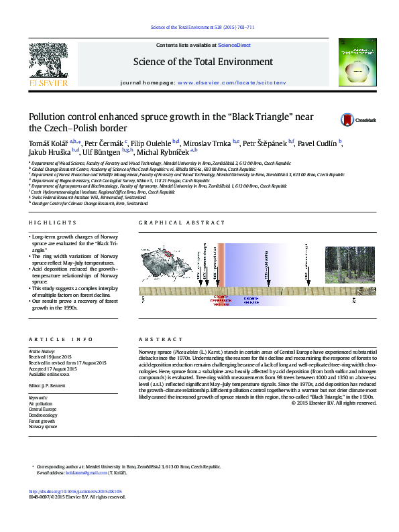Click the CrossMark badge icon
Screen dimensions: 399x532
367,120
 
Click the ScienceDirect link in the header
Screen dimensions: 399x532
235,45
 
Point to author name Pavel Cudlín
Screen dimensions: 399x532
318,143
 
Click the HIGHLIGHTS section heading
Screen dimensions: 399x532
52,222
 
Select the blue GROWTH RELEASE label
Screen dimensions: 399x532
251,300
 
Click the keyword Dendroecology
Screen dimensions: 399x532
44,414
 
